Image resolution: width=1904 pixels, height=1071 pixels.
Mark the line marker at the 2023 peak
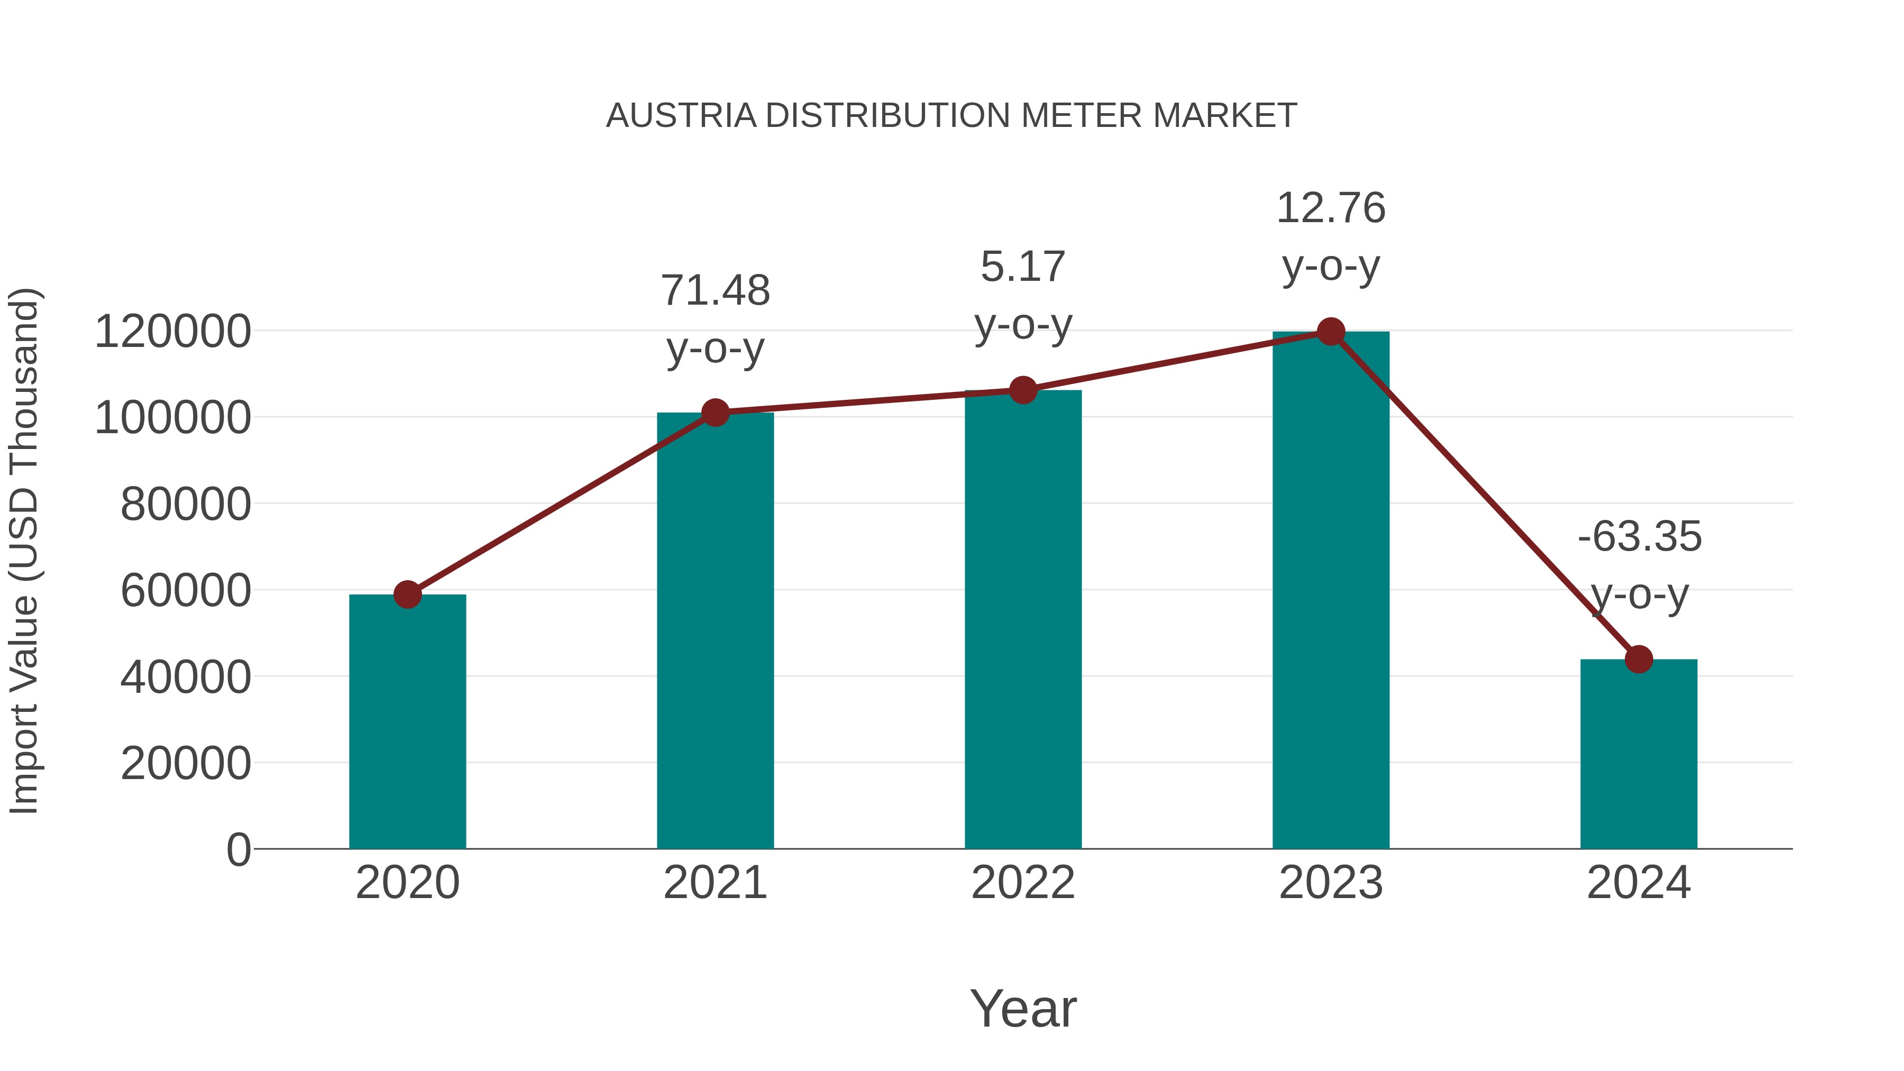[1331, 332]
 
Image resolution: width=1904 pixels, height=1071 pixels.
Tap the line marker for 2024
[1638, 658]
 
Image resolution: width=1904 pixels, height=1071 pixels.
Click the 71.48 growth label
[715, 290]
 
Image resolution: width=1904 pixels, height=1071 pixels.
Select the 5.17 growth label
[1023, 267]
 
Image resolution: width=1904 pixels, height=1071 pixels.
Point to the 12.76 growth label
[1331, 208]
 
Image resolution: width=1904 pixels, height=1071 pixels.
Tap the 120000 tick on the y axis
[173, 331]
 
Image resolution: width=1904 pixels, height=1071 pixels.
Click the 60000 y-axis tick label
[186, 591]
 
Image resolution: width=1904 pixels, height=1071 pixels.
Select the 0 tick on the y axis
[238, 849]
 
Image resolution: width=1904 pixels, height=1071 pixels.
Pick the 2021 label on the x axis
[715, 883]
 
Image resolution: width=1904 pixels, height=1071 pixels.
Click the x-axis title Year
[1023, 1008]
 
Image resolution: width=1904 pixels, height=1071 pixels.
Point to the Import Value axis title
[24, 551]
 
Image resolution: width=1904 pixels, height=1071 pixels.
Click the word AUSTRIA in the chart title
[681, 116]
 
